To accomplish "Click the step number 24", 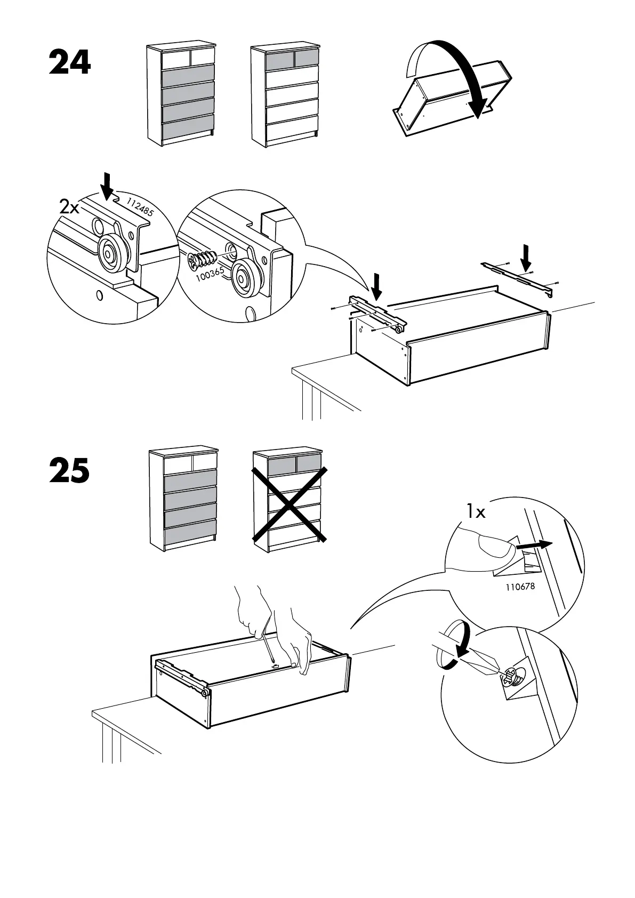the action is pyautogui.click(x=70, y=62).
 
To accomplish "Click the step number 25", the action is pyautogui.click(x=69, y=470).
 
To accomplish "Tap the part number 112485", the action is pyautogui.click(x=140, y=205).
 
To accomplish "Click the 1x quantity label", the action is pyautogui.click(x=476, y=512).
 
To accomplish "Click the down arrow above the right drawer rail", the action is pyautogui.click(x=526, y=257).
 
